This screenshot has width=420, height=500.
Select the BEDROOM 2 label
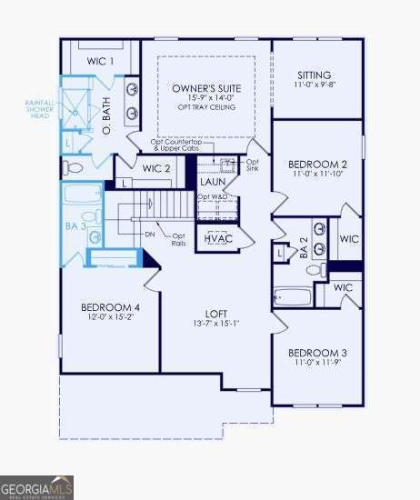pyautogui.click(x=314, y=165)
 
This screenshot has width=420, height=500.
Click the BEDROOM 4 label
pyautogui.click(x=110, y=306)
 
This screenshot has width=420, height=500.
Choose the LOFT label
pyautogui.click(x=215, y=312)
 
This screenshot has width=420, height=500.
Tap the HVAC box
pyautogui.click(x=218, y=237)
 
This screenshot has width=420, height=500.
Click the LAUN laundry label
pyautogui.click(x=214, y=182)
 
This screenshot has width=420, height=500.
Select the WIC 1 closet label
pyautogui.click(x=100, y=61)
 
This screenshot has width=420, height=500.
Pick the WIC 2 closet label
pyautogui.click(x=156, y=168)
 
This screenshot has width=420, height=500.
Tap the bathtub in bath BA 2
pyautogui.click(x=292, y=296)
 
